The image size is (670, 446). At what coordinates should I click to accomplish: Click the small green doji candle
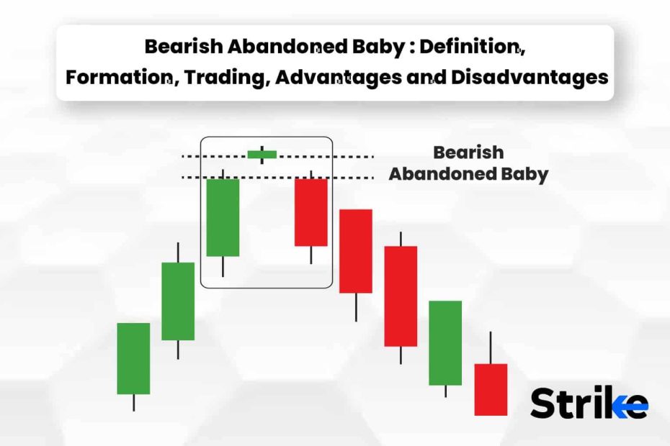[262, 155]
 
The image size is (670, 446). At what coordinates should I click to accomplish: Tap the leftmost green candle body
[133, 358]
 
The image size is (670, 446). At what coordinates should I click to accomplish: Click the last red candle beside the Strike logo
[491, 389]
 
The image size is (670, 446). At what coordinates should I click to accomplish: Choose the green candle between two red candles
[445, 343]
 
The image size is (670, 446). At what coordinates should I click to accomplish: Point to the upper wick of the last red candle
[491, 347]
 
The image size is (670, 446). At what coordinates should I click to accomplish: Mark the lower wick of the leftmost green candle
[134, 403]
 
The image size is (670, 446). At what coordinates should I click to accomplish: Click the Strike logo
[589, 403]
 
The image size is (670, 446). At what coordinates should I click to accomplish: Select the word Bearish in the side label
[468, 153]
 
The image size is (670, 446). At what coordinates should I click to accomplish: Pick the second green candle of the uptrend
[178, 301]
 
